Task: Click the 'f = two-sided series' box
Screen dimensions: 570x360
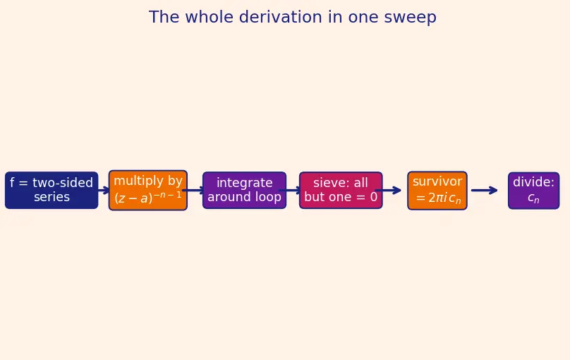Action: [x=51, y=190]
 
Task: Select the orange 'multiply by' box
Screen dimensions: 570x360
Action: [x=148, y=190]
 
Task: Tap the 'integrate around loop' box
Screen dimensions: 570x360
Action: [x=244, y=190]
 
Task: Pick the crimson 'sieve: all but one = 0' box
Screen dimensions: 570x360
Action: [x=341, y=190]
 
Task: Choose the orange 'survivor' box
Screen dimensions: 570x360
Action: [x=437, y=191]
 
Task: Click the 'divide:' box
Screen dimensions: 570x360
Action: [x=533, y=191]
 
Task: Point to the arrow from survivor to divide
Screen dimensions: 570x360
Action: [x=485, y=190]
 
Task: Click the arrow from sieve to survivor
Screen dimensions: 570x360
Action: [x=388, y=190]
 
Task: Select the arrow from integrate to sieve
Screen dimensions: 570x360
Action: [x=290, y=190]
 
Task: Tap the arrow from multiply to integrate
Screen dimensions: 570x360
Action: [x=194, y=190]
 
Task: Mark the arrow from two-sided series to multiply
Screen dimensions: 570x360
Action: [x=104, y=190]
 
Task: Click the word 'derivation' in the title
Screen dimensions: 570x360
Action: [x=280, y=17]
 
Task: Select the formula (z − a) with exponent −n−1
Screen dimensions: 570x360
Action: [x=148, y=198]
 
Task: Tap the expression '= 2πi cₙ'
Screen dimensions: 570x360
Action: [x=438, y=198]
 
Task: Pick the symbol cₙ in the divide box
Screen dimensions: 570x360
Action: [x=533, y=198]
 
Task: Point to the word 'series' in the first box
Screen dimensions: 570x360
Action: [x=51, y=197]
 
